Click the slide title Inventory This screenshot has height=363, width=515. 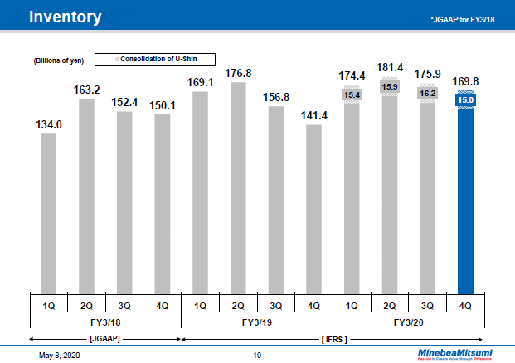click(x=66, y=17)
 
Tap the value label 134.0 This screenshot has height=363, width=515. click(x=49, y=125)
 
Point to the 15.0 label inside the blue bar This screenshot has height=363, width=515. click(x=465, y=101)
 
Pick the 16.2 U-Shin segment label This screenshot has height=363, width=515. click(x=427, y=94)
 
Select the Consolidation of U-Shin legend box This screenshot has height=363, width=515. click(x=155, y=59)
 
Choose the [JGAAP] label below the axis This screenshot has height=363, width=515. click(x=105, y=340)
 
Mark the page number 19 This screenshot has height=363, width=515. click(x=257, y=355)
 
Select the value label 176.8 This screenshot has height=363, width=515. click(x=239, y=73)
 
